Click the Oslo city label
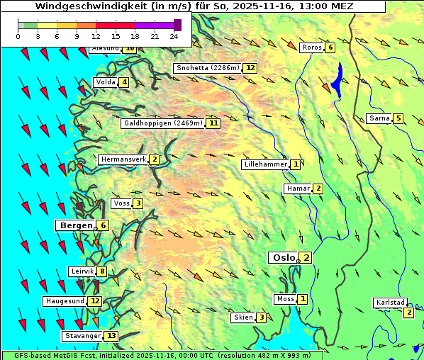pos(284,258)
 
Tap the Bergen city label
pos(77,225)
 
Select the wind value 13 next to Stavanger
pos(111,336)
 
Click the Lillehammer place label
pos(266,164)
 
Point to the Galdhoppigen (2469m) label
pos(163,123)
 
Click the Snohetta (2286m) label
pos(208,68)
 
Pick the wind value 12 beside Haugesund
pos(95,301)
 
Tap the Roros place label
pos(311,47)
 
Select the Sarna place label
pos(379,118)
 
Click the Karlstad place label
pos(389,303)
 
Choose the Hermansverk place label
pos(123,160)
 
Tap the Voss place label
pos(121,204)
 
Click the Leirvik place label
pos(82,271)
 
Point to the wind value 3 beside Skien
pos(262,317)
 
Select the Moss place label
pos(286,299)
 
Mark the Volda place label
pos(106,83)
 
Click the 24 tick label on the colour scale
pos(174,36)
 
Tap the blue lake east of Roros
pos(337,81)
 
